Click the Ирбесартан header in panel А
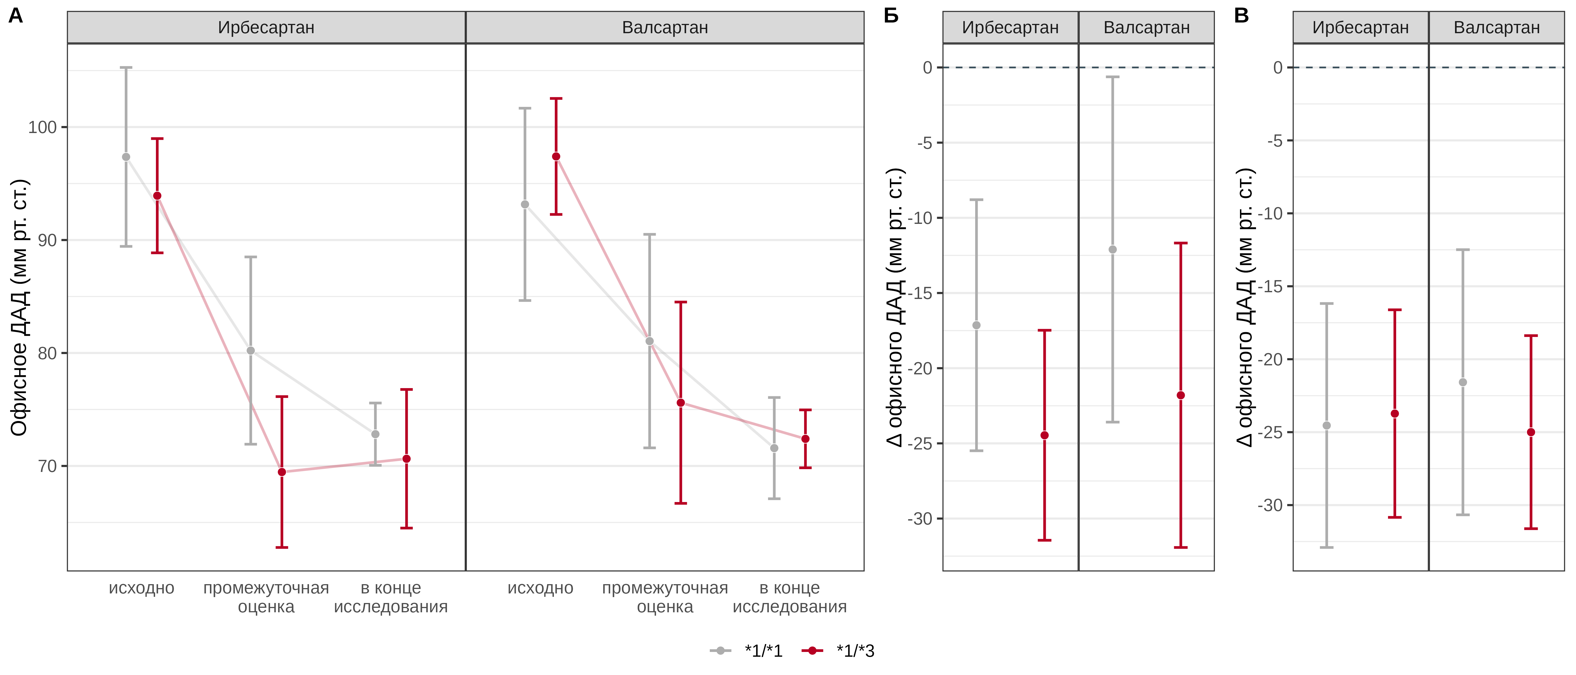pos(266,28)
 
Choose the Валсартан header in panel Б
pos(1147,28)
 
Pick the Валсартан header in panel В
pos(1496,28)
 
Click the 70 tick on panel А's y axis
pos(47,466)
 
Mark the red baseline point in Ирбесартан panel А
pos(157,196)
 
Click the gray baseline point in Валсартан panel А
pos(525,204)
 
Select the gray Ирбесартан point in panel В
pos(1326,426)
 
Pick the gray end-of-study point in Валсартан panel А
pos(774,448)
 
